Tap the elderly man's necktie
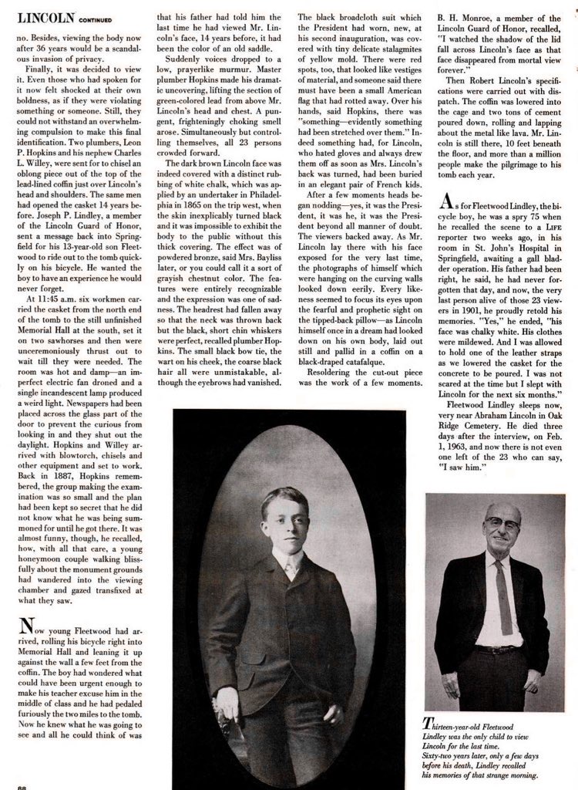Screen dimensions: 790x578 tap(502, 586)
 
